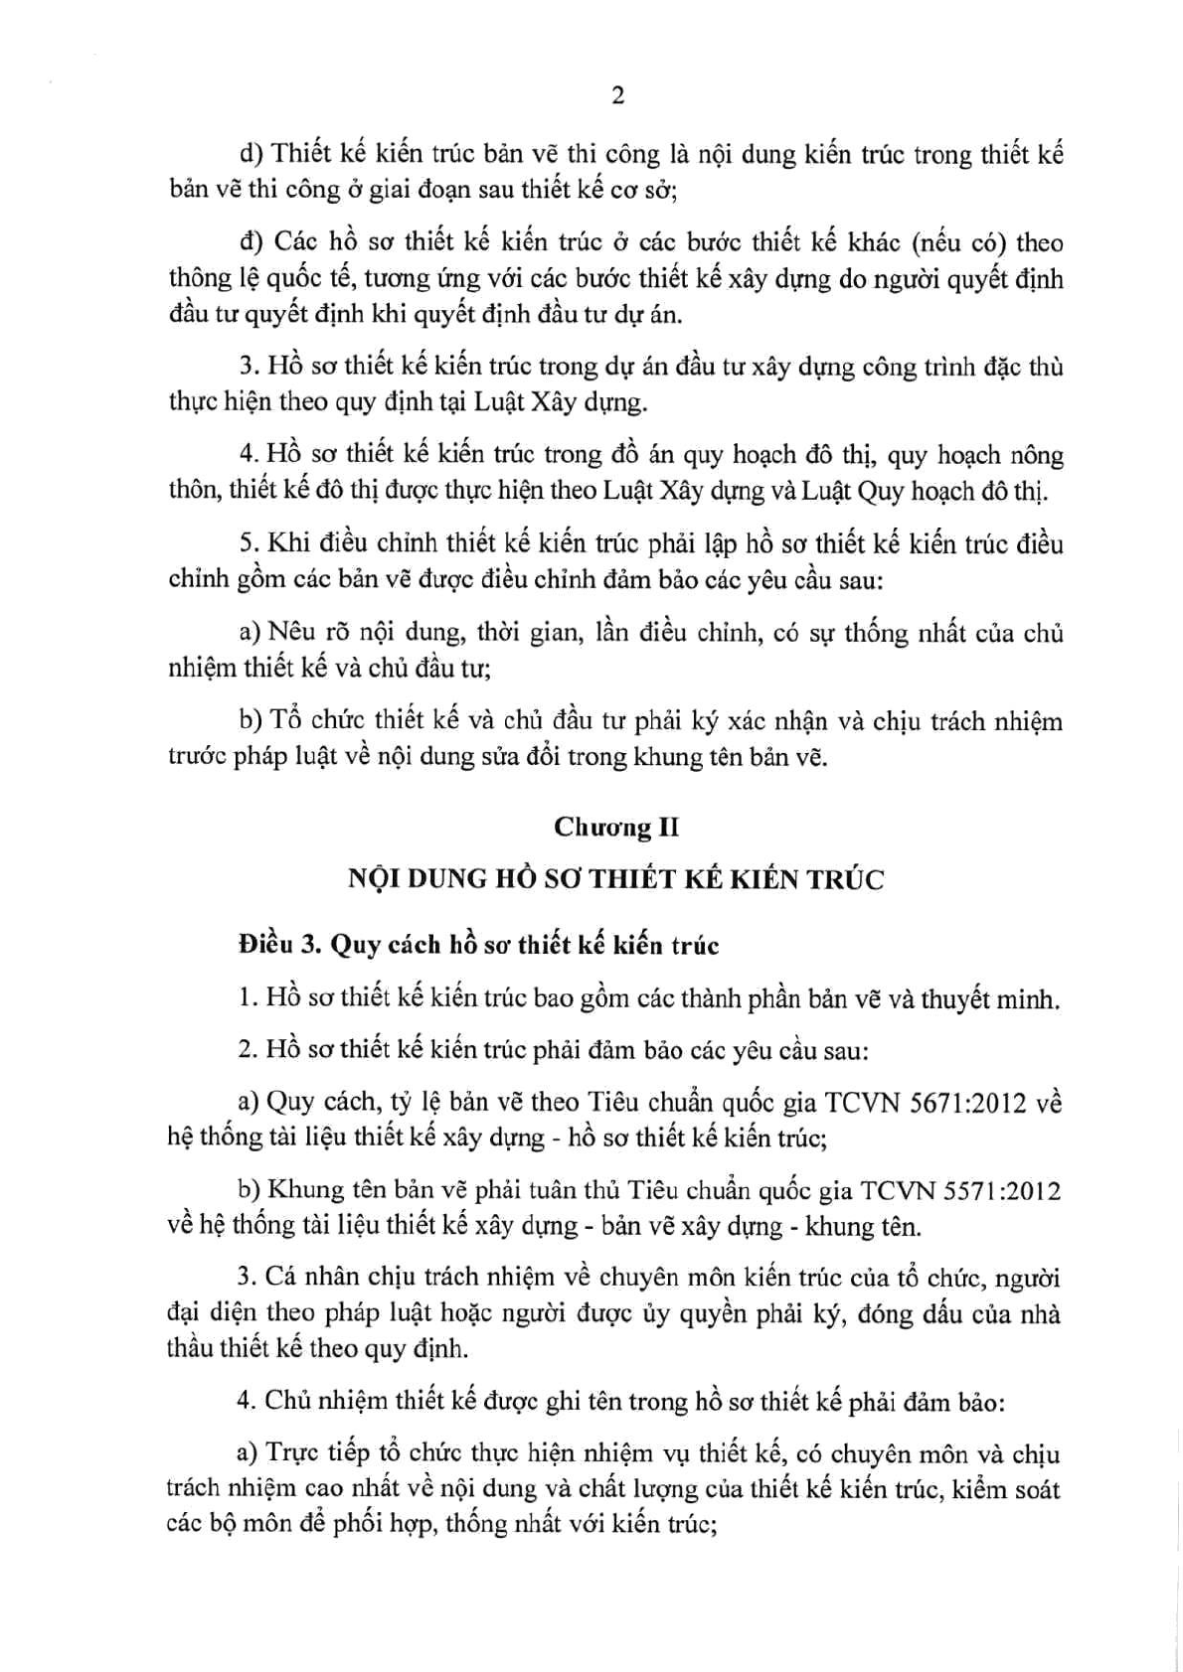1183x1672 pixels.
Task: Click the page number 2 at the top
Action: coord(617,95)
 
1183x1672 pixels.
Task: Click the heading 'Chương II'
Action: coord(616,828)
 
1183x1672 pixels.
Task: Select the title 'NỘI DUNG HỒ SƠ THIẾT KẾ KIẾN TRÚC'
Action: coord(615,879)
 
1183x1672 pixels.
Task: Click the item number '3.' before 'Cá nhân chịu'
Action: coord(248,1279)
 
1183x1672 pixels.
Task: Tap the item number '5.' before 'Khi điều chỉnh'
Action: coord(249,544)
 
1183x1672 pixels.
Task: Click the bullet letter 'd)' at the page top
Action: coord(251,155)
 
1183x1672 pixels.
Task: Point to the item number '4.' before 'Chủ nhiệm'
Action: coord(248,1402)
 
